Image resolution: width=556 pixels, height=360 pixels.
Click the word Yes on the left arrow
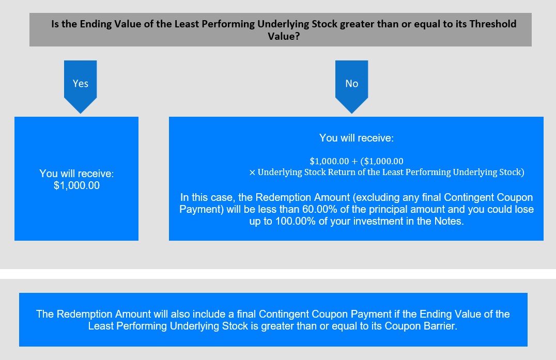[81, 84]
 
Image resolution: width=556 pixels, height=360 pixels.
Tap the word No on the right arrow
[352, 84]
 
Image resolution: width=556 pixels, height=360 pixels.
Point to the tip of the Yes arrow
[81, 114]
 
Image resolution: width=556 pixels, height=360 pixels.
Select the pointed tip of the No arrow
[352, 114]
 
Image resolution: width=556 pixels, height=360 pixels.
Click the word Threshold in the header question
[493, 24]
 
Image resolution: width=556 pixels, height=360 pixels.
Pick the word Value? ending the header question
[284, 37]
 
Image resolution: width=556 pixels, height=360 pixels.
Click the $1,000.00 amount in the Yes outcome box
[76, 185]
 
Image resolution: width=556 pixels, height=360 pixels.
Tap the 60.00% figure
[319, 209]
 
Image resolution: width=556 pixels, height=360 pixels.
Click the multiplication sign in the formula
[252, 173]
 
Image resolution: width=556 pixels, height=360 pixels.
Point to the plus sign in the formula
[354, 161]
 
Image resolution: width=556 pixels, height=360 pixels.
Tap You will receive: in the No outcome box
[357, 138]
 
